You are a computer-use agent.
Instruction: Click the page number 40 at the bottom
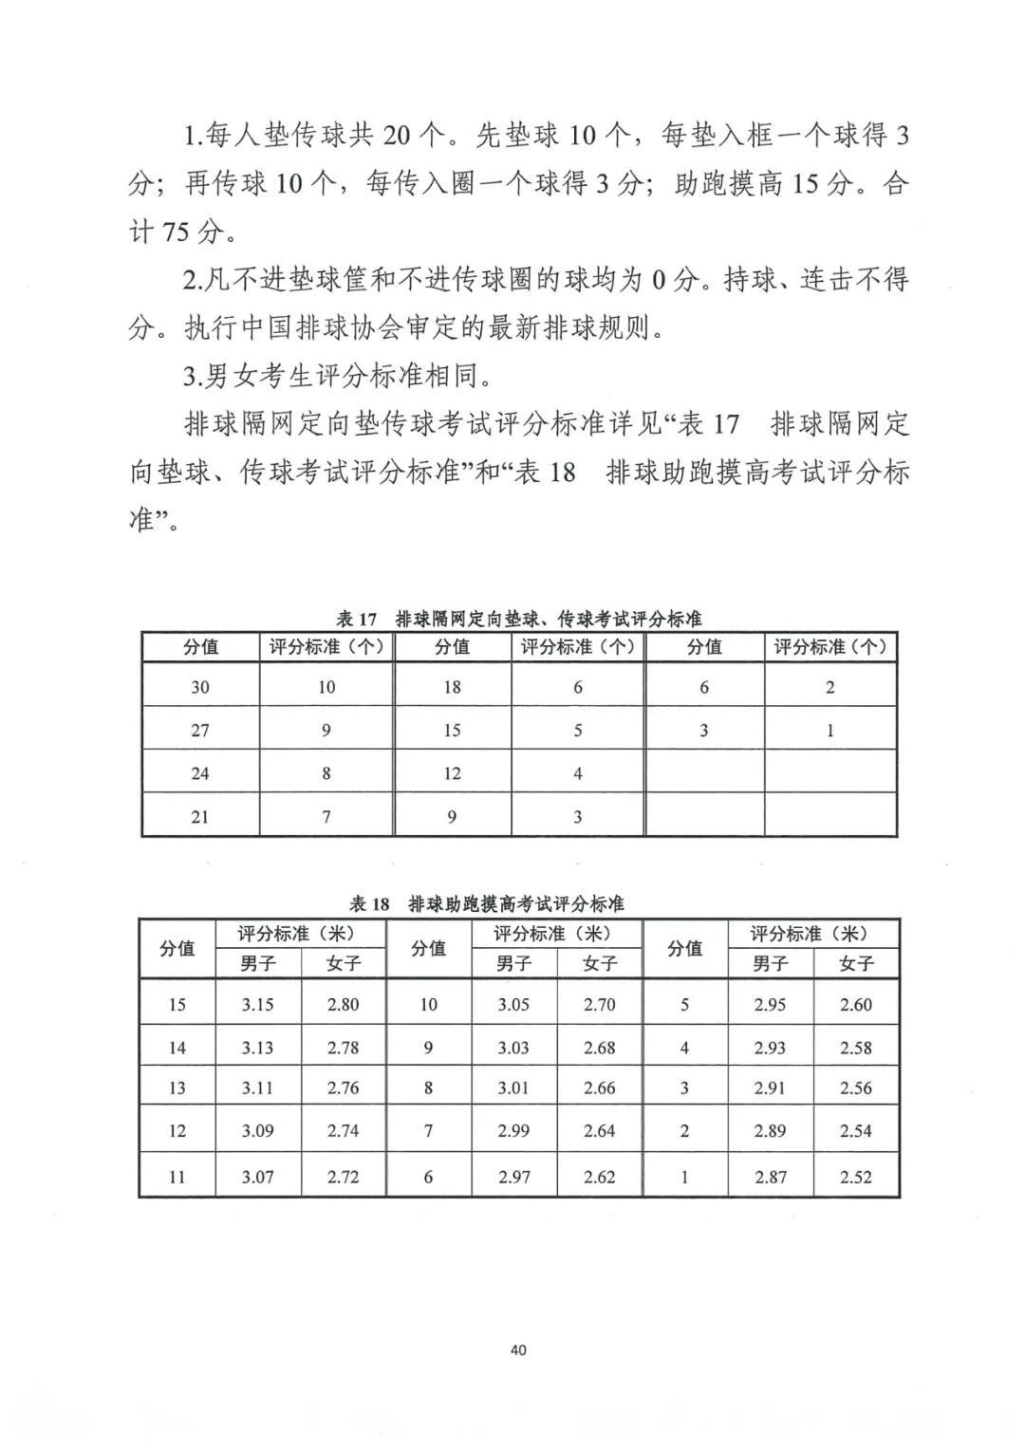(x=517, y=1349)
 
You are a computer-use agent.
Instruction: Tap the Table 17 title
(x=519, y=619)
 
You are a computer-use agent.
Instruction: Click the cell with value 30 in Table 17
(x=200, y=687)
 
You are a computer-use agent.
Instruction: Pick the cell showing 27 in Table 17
(x=200, y=730)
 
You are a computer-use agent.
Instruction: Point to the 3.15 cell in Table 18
(x=257, y=1005)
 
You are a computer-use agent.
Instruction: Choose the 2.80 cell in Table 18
(x=343, y=1005)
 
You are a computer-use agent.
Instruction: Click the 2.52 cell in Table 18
(x=855, y=1177)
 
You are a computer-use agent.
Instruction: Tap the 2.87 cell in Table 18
(x=770, y=1177)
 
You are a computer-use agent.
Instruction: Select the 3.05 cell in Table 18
(x=513, y=1005)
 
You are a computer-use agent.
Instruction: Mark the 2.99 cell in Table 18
(x=513, y=1130)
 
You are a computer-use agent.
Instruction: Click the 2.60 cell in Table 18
(x=855, y=1005)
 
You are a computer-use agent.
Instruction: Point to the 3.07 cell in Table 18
(x=257, y=1177)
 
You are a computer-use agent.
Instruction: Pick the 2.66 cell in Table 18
(x=599, y=1088)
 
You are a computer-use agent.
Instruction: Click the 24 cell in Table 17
(x=200, y=773)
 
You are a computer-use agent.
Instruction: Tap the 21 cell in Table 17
(x=200, y=816)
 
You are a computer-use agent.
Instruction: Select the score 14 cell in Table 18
(x=177, y=1048)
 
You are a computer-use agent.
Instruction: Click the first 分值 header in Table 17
(x=200, y=647)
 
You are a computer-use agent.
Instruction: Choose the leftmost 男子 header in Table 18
(x=257, y=963)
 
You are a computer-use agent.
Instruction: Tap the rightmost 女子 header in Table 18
(x=855, y=963)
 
